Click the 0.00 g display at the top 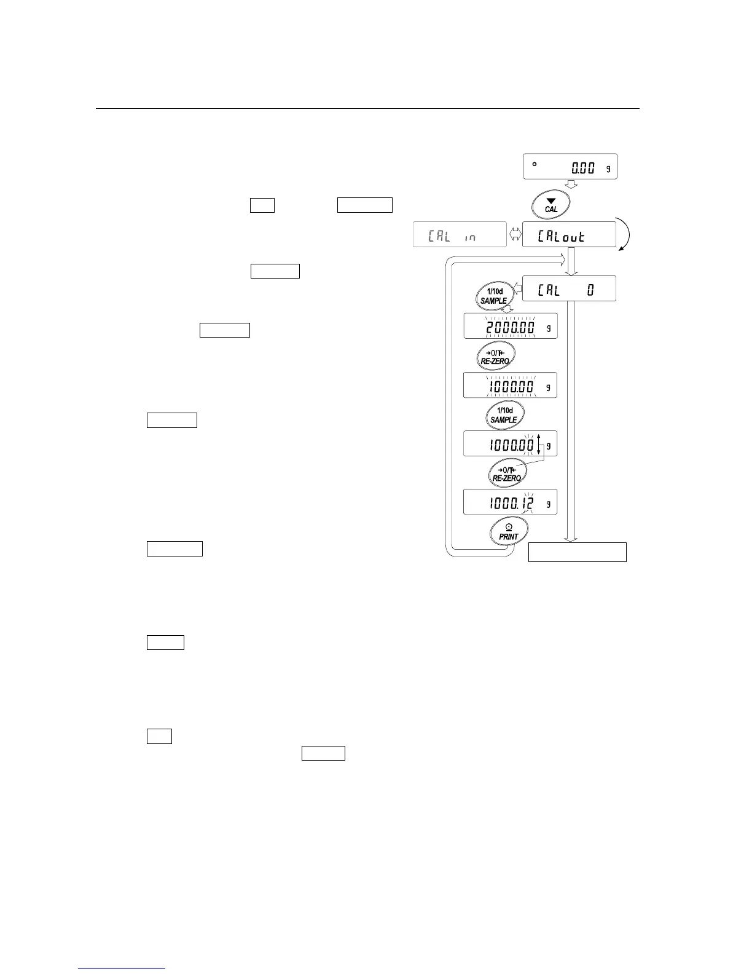[x=570, y=167]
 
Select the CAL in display [x=460, y=234]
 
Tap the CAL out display [x=569, y=234]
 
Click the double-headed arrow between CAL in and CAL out [x=515, y=235]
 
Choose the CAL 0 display [x=569, y=289]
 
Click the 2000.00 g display [x=510, y=327]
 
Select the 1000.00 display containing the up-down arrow [x=510, y=443]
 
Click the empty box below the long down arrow [x=578, y=552]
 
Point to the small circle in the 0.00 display [x=535, y=164]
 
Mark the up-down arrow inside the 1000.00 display [x=539, y=443]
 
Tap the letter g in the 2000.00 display [x=548, y=328]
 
